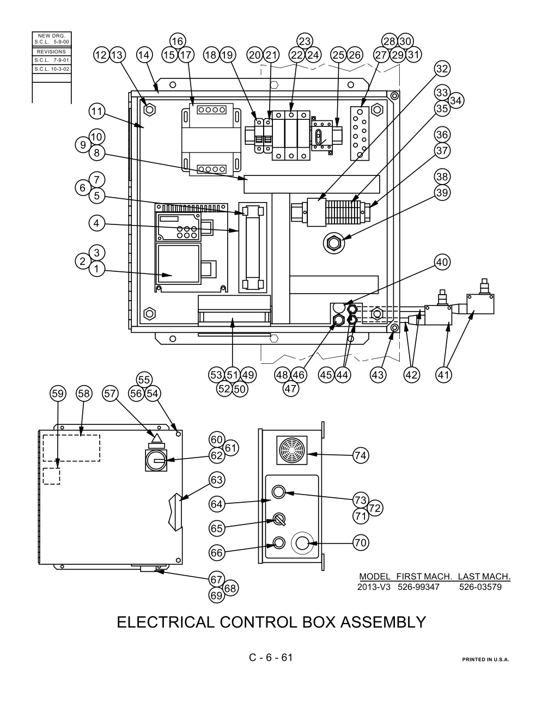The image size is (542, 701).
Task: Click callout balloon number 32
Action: tap(442, 69)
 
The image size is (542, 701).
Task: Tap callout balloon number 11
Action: tap(97, 112)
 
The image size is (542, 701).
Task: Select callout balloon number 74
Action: tap(361, 455)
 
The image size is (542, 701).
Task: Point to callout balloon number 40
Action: tap(442, 262)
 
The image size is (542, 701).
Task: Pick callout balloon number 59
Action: tap(58, 394)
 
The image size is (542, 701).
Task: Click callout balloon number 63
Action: tap(216, 480)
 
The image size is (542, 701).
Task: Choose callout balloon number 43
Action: tap(378, 375)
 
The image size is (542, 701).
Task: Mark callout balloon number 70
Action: tap(361, 542)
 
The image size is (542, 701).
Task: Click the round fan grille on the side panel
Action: tap(292, 450)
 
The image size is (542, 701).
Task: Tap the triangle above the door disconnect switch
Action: tap(156, 438)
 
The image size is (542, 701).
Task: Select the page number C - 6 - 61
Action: tap(271, 657)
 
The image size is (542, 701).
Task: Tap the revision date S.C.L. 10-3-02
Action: tap(52, 69)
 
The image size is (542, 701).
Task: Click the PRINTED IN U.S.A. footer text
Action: tap(485, 660)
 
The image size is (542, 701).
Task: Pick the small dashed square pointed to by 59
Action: tap(52, 476)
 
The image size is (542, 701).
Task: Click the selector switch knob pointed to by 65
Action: tap(279, 520)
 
